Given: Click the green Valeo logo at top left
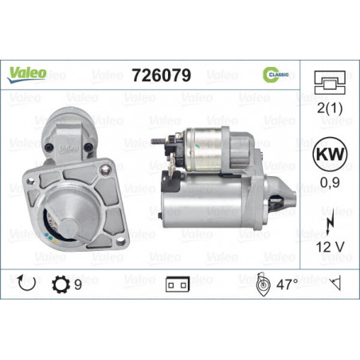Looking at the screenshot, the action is (26, 75).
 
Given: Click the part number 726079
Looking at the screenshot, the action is (162, 75).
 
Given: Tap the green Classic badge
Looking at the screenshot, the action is (276, 75).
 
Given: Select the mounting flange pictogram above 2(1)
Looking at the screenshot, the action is (330, 83).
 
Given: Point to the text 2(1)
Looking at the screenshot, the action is (330, 108).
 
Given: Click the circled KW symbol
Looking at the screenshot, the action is (330, 154).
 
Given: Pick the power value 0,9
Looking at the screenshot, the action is (330, 182).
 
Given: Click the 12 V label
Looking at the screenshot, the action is (330, 247).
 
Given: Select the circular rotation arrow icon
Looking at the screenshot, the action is (26, 284).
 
